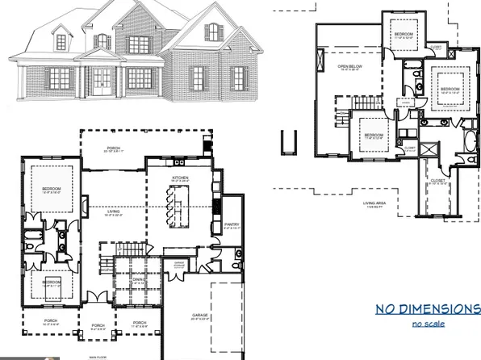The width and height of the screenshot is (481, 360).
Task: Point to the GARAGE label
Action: (200, 315)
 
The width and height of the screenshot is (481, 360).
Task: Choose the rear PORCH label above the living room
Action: (113, 149)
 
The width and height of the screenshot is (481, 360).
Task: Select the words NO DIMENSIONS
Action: (427, 309)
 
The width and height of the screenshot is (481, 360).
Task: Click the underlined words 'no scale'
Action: (428, 324)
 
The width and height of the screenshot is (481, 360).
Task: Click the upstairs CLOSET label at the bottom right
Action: (438, 180)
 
